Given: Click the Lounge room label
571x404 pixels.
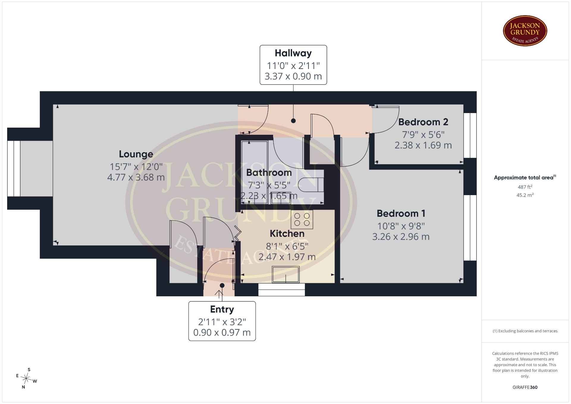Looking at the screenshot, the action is click(x=136, y=154).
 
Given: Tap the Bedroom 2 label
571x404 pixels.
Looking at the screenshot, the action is click(x=423, y=122).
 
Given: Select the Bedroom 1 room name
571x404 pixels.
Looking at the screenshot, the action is click(x=401, y=213).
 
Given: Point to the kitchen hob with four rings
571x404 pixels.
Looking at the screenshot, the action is click(x=302, y=220).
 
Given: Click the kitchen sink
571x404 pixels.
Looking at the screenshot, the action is click(x=286, y=274).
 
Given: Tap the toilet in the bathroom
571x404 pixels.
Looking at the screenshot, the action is click(x=310, y=185).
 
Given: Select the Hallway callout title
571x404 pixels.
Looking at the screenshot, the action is click(x=293, y=53).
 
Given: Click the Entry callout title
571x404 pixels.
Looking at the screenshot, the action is click(x=222, y=309).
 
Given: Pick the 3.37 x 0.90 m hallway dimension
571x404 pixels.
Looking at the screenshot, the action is click(x=293, y=76).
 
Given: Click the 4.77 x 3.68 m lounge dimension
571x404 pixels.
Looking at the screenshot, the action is click(x=136, y=177).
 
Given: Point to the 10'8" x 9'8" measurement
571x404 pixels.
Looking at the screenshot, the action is click(x=401, y=226).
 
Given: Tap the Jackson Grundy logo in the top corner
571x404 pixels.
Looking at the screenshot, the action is click(x=525, y=31).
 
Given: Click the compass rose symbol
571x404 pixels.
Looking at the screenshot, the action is click(x=26, y=379).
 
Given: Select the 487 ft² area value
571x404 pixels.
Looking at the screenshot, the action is click(x=525, y=187).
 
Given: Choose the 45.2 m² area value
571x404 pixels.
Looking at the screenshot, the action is click(x=525, y=195).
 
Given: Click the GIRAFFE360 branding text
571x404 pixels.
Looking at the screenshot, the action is click(x=525, y=387).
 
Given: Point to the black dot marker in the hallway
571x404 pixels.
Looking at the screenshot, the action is click(x=294, y=121).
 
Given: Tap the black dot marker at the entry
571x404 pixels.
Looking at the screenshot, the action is click(x=222, y=286).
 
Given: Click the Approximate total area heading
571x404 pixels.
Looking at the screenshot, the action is click(x=525, y=178).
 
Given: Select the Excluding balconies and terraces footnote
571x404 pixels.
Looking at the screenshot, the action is click(x=525, y=331).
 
